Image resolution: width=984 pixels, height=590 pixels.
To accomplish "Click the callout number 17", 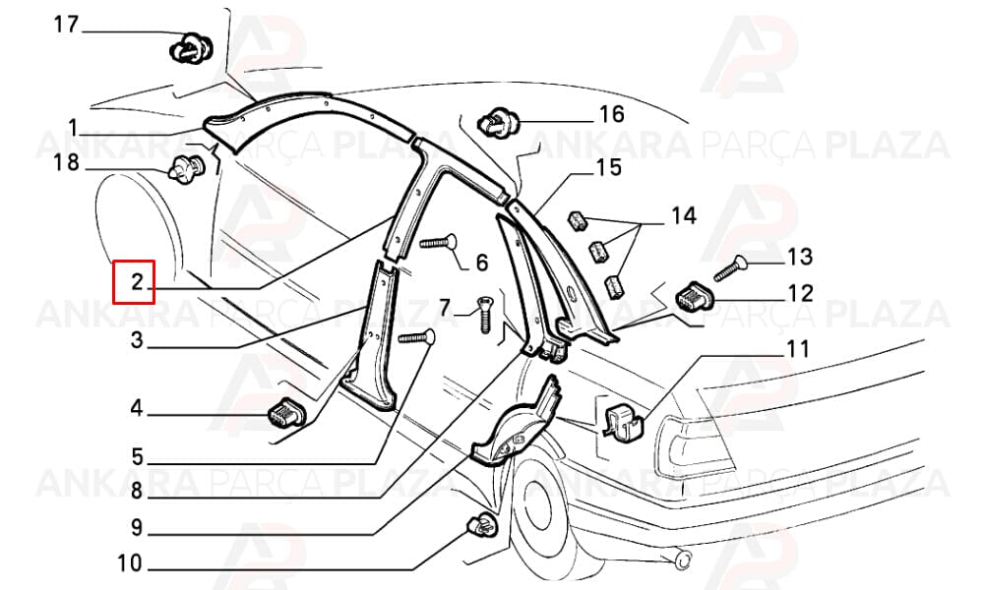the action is pos(66,26).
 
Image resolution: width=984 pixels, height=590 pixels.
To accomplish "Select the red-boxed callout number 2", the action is pos(138,282).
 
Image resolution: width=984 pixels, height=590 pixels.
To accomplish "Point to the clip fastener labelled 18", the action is pos(186,169).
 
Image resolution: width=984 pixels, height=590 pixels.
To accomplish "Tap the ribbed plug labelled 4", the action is pos(286,413).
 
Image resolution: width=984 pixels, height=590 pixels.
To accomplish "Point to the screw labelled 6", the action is pos(439,242).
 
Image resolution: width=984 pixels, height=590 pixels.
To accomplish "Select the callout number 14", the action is pos(684,216).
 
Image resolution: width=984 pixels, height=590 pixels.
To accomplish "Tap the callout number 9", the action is pos(137,528).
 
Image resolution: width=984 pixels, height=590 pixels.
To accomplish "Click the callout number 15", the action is pos(608,168).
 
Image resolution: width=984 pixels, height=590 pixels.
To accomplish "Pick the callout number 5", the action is pos(137,456).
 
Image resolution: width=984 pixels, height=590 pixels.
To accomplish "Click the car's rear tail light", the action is pos(692,446).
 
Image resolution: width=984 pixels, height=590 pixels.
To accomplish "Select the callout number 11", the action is pos(797,349).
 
